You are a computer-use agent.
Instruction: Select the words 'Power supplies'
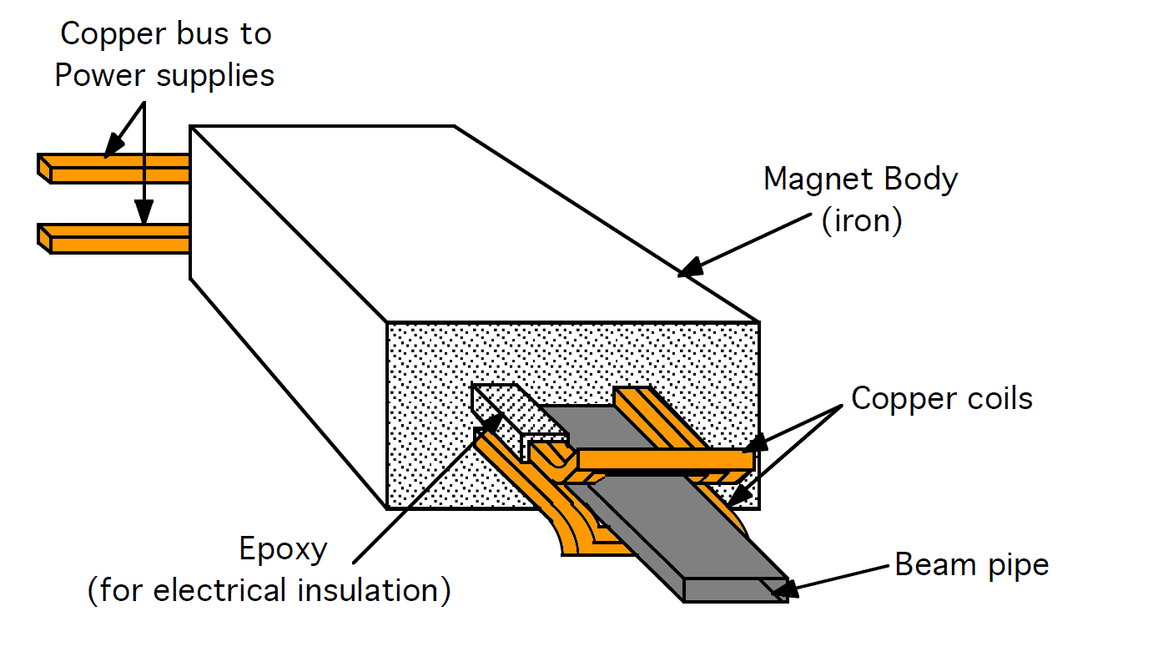(164, 76)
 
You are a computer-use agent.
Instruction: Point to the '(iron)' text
(862, 222)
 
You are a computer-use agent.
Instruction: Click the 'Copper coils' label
(941, 399)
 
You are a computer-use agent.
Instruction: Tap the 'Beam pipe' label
(971, 565)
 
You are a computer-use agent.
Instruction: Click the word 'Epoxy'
(284, 550)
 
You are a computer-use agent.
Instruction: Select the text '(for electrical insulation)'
(269, 591)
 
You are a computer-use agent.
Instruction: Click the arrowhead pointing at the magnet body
(689, 269)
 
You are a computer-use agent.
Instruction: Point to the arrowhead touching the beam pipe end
(782, 590)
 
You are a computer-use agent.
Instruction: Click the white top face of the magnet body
(467, 217)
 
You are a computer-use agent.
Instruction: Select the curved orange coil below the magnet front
(576, 534)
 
